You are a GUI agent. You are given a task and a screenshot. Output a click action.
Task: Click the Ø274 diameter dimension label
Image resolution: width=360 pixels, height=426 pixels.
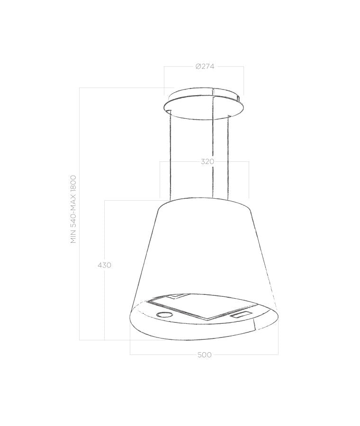(205, 66)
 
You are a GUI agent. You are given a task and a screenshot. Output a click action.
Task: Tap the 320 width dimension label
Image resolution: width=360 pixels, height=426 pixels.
(207, 162)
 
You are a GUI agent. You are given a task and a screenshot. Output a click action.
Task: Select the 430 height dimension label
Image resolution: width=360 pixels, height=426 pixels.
(104, 265)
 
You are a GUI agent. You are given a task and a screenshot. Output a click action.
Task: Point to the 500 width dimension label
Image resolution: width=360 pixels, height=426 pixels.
(205, 355)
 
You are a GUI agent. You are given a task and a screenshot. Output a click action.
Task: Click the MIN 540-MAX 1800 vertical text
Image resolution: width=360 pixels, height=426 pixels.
(73, 209)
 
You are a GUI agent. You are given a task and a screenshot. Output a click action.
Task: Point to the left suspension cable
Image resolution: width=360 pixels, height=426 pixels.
(169, 156)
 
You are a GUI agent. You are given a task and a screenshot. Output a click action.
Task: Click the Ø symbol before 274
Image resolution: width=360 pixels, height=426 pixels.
(198, 66)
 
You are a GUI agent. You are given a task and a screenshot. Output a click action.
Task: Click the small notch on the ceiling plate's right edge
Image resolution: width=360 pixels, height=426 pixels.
(242, 99)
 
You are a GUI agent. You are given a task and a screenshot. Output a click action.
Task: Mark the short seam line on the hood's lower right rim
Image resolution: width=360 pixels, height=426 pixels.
(254, 325)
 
